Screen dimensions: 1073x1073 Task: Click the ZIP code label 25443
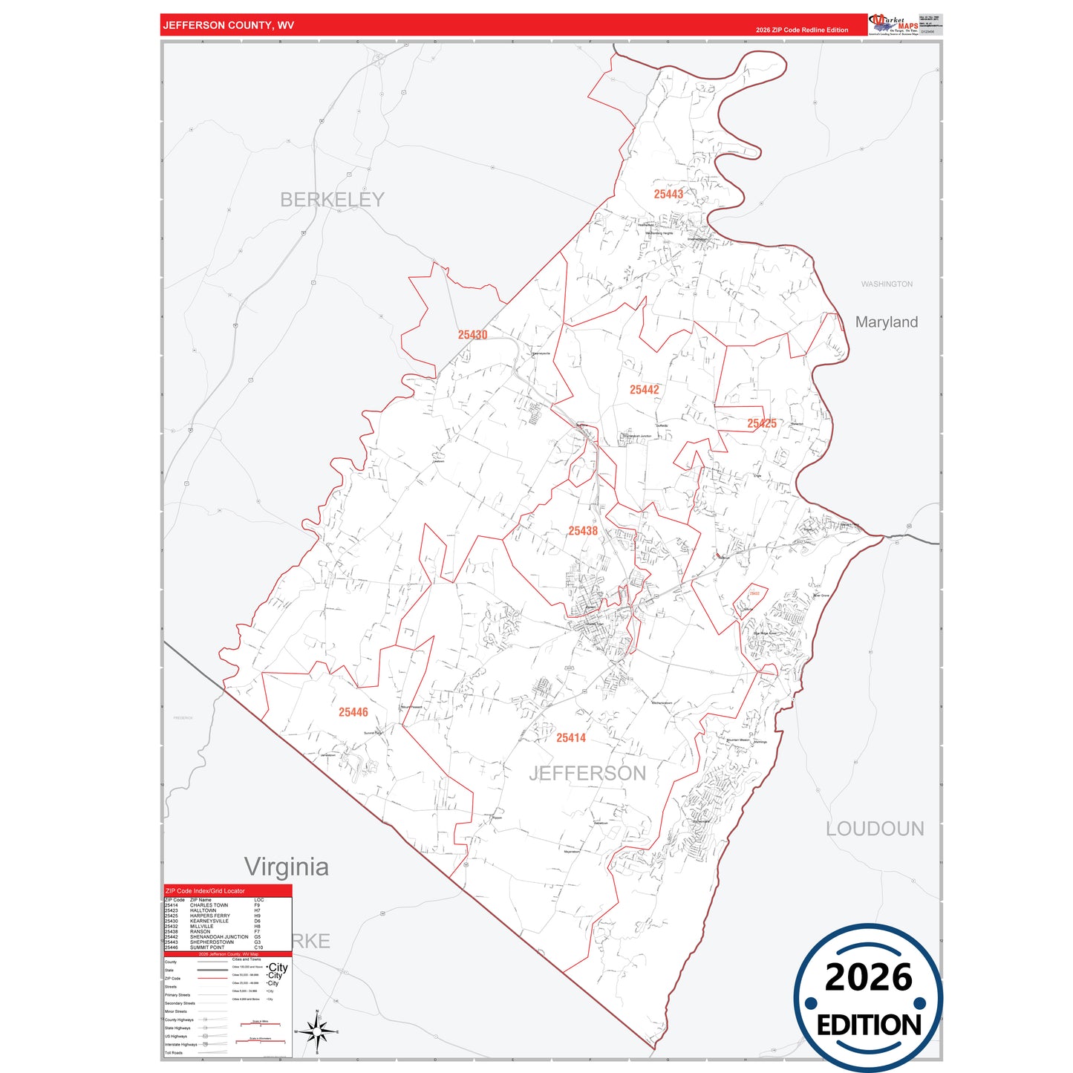pos(668,195)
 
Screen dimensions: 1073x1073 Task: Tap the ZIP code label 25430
pos(472,335)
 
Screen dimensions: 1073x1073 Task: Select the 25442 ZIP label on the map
pos(644,390)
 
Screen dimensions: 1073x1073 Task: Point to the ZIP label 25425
pos(762,423)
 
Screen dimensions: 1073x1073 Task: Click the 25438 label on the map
pos(583,531)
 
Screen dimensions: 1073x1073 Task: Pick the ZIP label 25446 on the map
pos(353,712)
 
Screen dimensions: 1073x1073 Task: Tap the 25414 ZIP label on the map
pos(571,737)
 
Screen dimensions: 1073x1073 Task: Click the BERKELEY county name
pos(332,200)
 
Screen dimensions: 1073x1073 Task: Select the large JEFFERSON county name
pos(587,774)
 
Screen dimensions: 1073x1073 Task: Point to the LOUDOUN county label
pos(875,829)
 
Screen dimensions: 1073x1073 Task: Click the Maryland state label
pos(886,322)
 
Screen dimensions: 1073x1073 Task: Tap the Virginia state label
pos(287,867)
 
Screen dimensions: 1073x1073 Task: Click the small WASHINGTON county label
pos(887,284)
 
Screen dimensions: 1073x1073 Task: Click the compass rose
pos(317,1031)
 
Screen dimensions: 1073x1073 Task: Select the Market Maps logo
pos(893,25)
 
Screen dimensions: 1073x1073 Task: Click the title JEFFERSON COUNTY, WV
pos(229,25)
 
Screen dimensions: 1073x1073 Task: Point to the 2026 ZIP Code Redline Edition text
pos(802,30)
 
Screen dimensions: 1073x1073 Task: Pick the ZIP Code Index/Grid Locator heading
pos(205,891)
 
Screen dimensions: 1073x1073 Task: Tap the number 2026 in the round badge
pos(868,977)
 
